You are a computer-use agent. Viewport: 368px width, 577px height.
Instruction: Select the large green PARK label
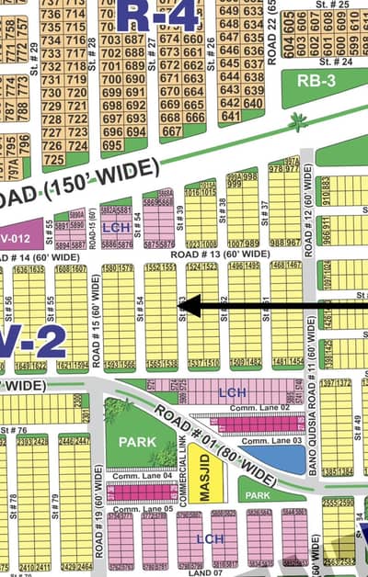point(135,445)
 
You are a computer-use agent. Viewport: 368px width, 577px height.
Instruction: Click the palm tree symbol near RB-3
point(296,120)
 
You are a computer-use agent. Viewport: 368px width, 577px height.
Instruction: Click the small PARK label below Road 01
point(259,494)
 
